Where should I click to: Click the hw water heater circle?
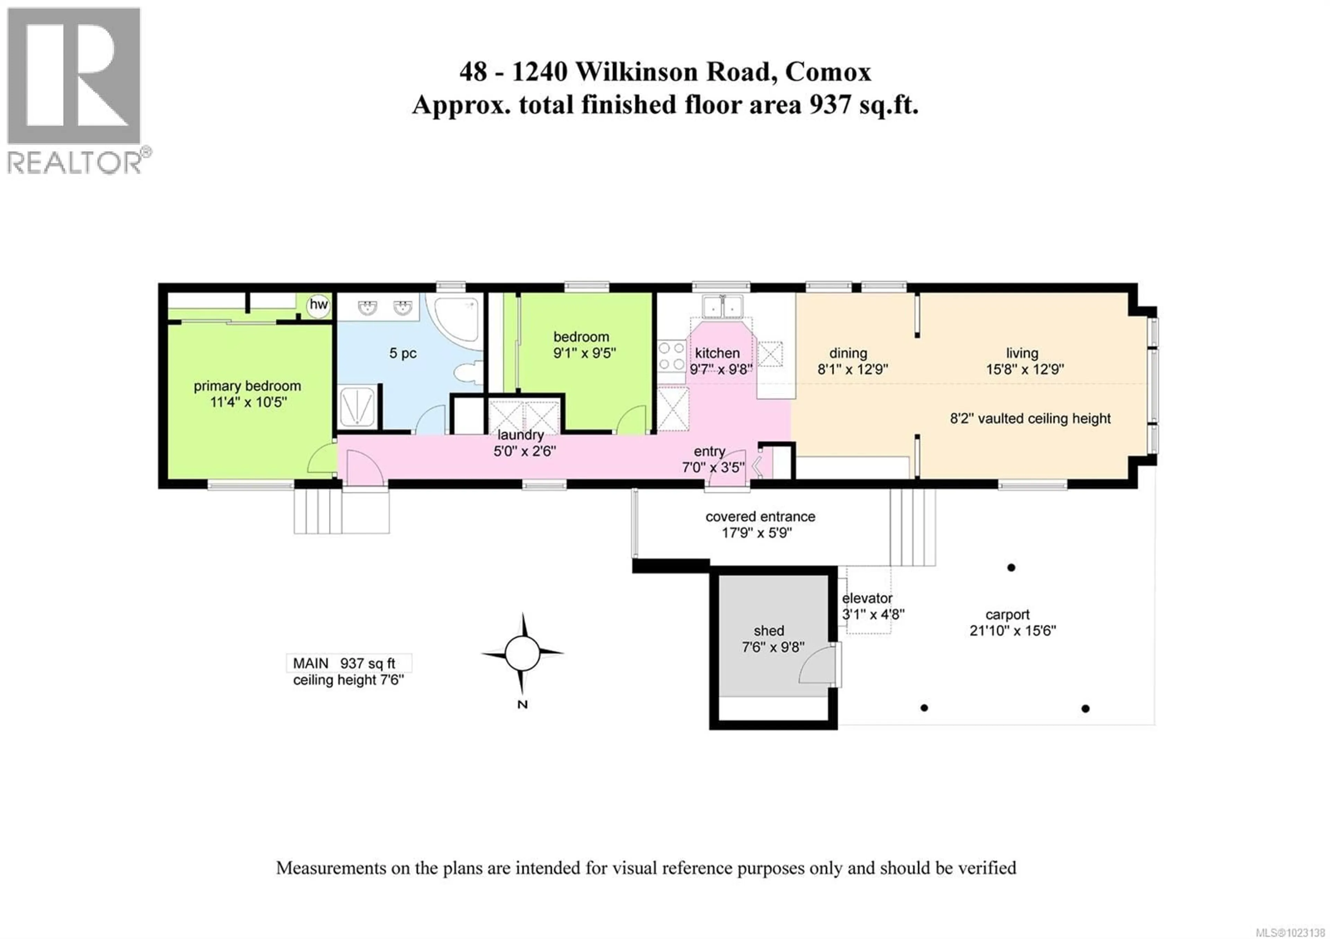click(x=318, y=304)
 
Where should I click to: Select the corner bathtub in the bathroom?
click(x=457, y=321)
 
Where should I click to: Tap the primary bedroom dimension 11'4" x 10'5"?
click(x=248, y=402)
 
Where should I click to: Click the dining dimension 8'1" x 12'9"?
click(x=853, y=369)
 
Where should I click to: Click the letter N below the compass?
click(x=522, y=705)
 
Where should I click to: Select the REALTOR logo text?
click(x=74, y=163)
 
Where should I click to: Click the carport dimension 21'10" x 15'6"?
click(x=1012, y=631)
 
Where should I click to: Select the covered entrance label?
click(x=760, y=516)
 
